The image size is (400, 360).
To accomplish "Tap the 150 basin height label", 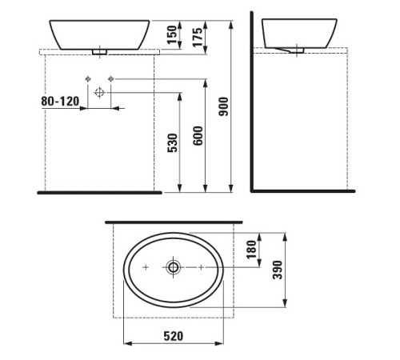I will point(170,34).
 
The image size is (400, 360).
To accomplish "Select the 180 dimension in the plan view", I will point(250,249).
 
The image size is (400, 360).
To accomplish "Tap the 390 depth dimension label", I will point(278,270).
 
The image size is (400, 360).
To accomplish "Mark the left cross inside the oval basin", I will point(146,267).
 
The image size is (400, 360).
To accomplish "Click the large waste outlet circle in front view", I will point(98,92).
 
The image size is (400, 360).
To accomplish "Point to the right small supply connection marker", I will point(110,78).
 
